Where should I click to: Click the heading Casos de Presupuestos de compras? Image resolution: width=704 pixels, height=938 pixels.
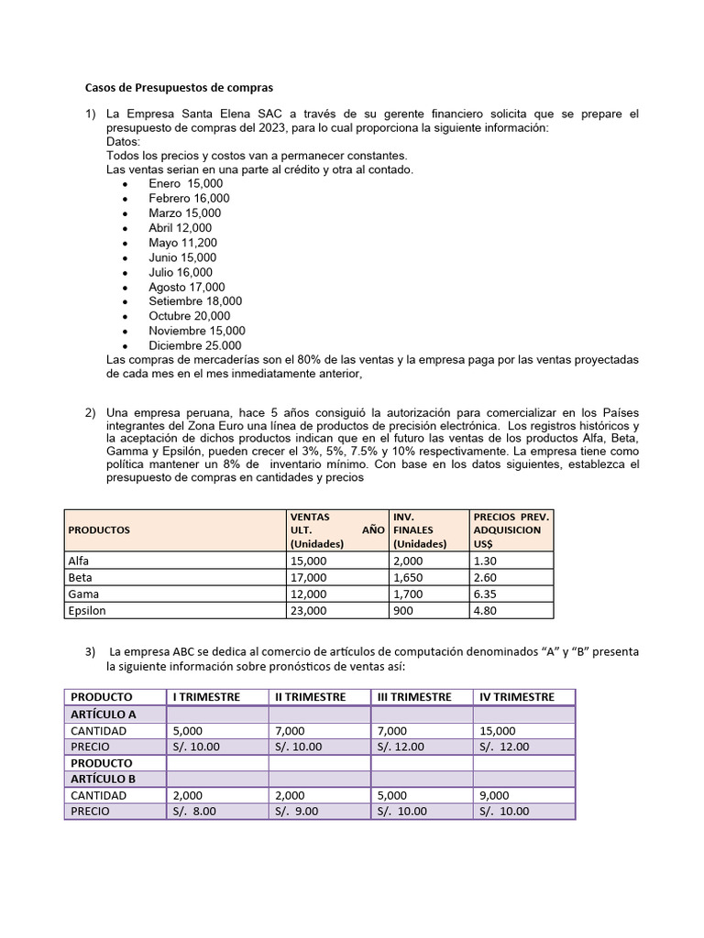tap(179, 88)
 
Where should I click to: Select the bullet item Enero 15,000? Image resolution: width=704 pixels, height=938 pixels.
tap(185, 183)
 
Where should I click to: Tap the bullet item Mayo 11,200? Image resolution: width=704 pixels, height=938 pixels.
tap(182, 243)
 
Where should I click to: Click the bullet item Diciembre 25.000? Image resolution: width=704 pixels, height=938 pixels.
tap(195, 345)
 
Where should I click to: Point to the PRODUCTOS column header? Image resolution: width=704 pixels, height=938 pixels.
tap(99, 529)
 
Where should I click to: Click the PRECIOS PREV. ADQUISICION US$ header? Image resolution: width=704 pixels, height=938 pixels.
tap(511, 529)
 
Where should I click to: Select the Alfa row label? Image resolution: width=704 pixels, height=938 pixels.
tap(80, 561)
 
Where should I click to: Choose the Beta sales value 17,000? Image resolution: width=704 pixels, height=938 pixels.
tap(307, 577)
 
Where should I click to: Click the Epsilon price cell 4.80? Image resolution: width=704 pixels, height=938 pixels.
tap(486, 610)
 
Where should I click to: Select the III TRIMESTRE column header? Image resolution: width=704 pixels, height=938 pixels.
tap(414, 697)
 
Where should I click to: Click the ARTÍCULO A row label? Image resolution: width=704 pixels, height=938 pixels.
tap(103, 714)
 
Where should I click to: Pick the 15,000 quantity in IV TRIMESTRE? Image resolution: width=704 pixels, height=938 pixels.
tap(497, 731)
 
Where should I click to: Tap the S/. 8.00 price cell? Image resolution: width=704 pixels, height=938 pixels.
tap(194, 811)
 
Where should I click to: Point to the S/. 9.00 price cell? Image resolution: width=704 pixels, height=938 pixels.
tap(297, 811)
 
